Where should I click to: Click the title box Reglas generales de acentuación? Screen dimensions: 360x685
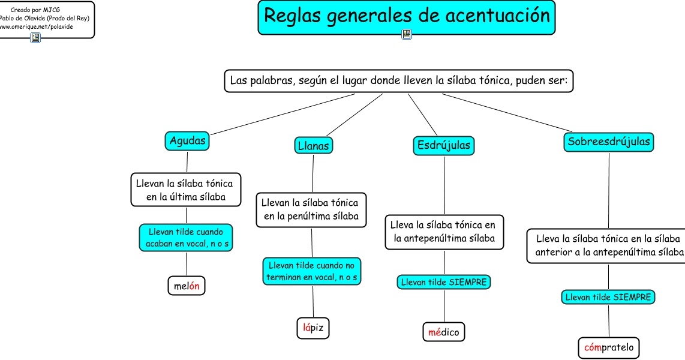407,16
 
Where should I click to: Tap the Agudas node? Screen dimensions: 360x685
187,141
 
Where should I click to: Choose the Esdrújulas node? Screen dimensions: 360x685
444,145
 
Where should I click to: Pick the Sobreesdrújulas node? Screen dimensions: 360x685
609,142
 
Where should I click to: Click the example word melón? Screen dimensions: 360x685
187,286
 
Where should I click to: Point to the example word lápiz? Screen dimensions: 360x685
314,328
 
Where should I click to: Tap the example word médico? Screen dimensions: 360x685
444,331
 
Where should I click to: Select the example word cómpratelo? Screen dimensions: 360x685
609,347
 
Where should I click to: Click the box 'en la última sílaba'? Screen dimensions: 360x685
185,189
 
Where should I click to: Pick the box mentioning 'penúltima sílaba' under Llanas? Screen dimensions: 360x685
311,209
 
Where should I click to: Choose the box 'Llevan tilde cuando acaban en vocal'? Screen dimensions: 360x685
186,238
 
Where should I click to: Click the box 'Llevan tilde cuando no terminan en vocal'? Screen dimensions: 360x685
312,271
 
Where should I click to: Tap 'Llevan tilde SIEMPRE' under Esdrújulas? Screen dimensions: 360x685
444,281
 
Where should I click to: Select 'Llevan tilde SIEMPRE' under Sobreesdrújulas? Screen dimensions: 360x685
609,296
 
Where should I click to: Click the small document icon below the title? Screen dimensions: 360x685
407,35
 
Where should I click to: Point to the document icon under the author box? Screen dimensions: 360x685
35,38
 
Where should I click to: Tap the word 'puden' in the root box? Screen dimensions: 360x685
528,80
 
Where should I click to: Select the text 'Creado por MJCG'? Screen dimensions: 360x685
35,10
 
